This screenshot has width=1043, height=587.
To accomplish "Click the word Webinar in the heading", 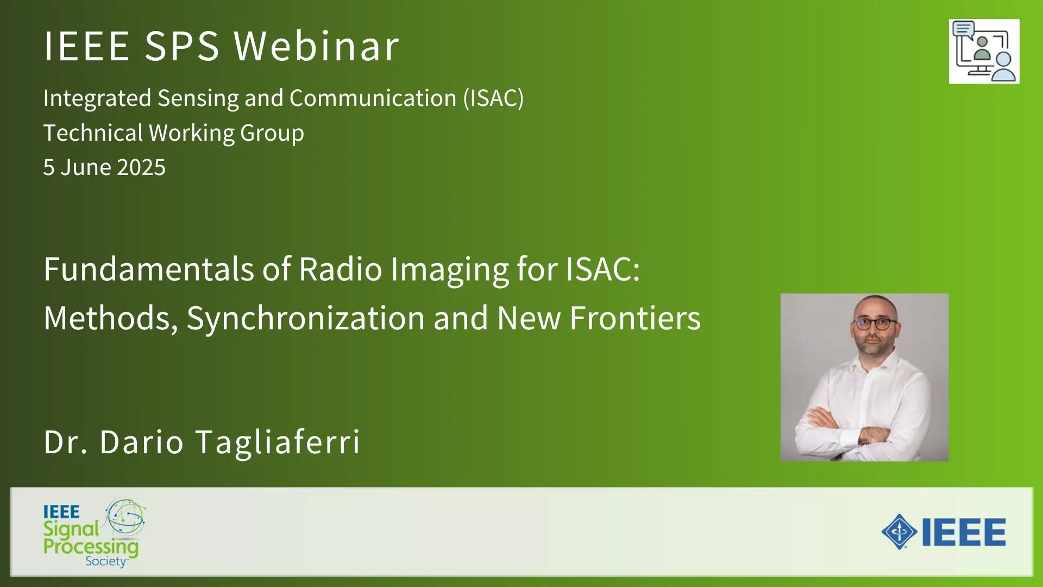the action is tap(317, 46).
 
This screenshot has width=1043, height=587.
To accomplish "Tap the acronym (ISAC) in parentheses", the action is tap(493, 98).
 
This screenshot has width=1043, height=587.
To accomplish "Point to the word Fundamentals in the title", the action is tap(149, 269).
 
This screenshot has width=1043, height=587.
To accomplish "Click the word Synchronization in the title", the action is tap(305, 318).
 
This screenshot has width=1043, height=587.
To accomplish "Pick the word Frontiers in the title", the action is tap(635, 318).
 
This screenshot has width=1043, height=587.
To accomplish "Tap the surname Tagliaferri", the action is tap(278, 441).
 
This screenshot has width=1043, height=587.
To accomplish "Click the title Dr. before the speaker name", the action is tap(66, 441).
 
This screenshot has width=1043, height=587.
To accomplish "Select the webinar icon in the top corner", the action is tap(984, 52).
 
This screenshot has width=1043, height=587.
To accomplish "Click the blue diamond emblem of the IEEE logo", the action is tap(899, 532).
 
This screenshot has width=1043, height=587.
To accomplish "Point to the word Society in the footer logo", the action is tap(106, 561).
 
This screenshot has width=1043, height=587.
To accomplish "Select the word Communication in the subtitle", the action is tap(373, 98).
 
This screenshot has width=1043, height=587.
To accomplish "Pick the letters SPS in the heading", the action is tap(182, 46).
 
